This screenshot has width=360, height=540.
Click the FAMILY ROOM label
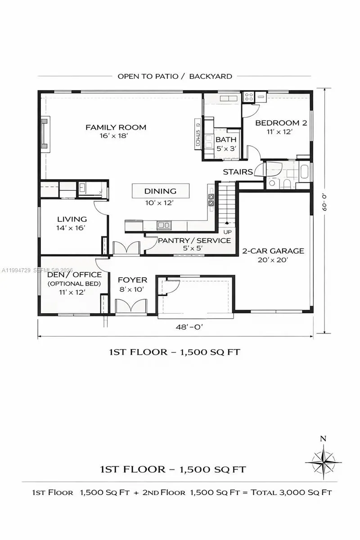(x=116, y=127)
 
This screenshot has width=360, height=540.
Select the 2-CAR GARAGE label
(x=273, y=251)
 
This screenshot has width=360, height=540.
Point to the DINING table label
(x=160, y=191)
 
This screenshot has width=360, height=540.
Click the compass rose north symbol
(x=323, y=461)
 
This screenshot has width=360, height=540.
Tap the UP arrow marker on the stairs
(x=227, y=223)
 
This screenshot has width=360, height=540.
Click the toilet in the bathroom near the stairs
(x=286, y=184)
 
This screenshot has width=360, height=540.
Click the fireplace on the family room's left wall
(x=45, y=133)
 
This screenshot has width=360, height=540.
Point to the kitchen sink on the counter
(x=163, y=225)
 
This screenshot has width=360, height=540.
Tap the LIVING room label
(x=72, y=219)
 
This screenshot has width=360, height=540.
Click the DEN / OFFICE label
(x=74, y=274)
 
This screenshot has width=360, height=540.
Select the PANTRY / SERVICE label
(x=194, y=240)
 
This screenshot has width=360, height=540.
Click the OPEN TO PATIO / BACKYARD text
(x=175, y=76)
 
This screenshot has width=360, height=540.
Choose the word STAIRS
(x=238, y=172)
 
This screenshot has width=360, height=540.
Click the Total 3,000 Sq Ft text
(x=292, y=492)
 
